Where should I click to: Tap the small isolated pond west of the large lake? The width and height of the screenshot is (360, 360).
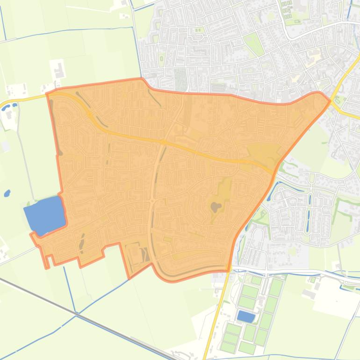tap(7, 193)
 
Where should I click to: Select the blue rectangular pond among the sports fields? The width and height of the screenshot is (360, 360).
tap(246, 317)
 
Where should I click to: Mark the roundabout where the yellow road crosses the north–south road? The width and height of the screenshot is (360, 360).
tap(164, 142)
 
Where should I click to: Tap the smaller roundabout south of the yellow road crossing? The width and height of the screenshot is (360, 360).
tap(152, 201)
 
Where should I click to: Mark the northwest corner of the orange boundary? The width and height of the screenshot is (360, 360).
tap(48, 94)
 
